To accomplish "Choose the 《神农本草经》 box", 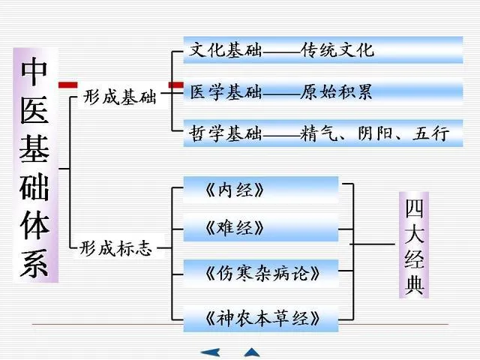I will [261, 319].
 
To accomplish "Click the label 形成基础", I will [121, 97].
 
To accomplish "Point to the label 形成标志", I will [116, 248].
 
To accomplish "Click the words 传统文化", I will [337, 51].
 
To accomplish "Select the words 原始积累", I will [337, 92].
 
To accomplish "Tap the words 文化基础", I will [226, 51].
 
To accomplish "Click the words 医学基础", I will [226, 92].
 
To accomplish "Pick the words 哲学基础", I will [226, 133].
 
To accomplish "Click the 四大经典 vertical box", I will [415, 244].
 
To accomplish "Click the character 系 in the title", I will [35, 262].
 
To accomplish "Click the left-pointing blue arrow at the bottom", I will [210, 352].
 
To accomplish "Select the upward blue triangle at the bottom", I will [252, 352].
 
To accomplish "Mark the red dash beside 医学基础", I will [176, 86].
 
